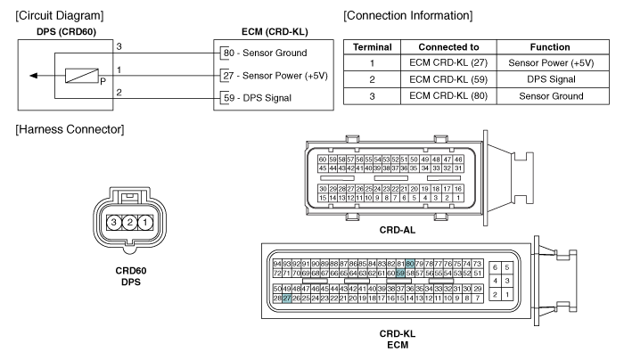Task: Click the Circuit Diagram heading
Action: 60,16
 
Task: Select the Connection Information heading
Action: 408,16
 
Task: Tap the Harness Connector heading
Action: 70,130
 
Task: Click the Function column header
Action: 550,47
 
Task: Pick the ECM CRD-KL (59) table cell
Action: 448,79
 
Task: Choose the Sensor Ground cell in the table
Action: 551,96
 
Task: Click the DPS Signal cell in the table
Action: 551,79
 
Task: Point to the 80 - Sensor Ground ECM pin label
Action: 265,53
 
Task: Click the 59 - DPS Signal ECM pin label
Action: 258,98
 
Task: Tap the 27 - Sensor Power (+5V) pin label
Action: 275,76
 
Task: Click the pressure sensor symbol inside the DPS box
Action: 82,76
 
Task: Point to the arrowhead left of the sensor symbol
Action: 34,76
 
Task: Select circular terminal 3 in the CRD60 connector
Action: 114,222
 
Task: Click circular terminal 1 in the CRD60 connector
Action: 145,222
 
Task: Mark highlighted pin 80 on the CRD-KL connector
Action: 410,264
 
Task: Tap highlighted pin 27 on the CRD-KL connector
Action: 286,299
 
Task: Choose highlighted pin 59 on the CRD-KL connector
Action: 400,274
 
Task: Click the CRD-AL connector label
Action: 398,230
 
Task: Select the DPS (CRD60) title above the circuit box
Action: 66,32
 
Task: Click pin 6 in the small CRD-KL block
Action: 495,267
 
